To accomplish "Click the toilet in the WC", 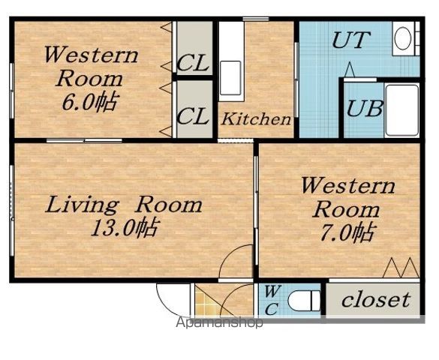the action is [304, 301].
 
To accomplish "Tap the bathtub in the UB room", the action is [402, 110].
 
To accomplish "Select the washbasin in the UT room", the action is [404, 38].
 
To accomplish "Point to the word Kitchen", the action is [256, 119].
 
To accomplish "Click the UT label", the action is [351, 40].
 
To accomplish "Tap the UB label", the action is [364, 108].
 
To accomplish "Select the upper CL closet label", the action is [193, 63].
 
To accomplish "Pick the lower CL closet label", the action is [193, 116].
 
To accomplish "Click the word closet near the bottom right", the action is [376, 299].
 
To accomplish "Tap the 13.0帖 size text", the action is [125, 226].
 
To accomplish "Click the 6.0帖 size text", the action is [89, 101].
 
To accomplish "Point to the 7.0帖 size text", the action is [347, 232].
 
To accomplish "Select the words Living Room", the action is [124, 205].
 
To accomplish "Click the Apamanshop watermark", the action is [219, 322].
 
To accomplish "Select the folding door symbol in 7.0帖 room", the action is [401, 268].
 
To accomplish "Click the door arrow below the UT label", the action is [350, 70].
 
